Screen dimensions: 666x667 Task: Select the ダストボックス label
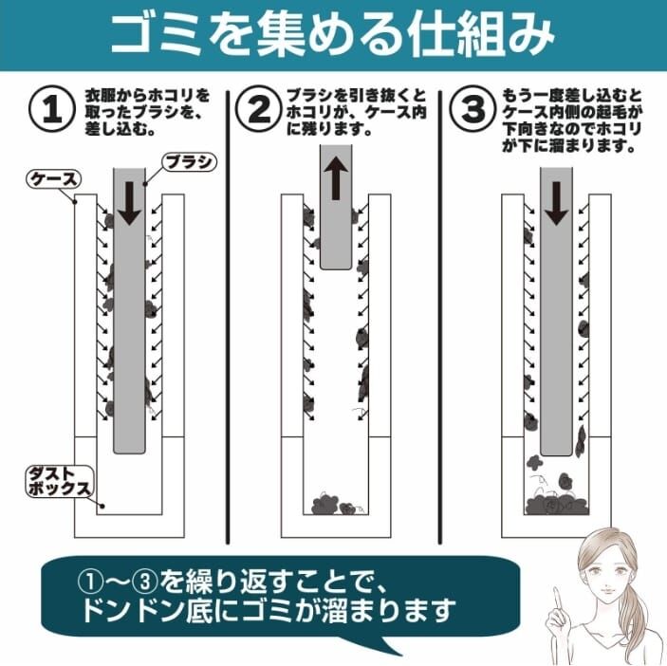pos(56,482)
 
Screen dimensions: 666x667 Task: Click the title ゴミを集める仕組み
pos(332,35)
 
